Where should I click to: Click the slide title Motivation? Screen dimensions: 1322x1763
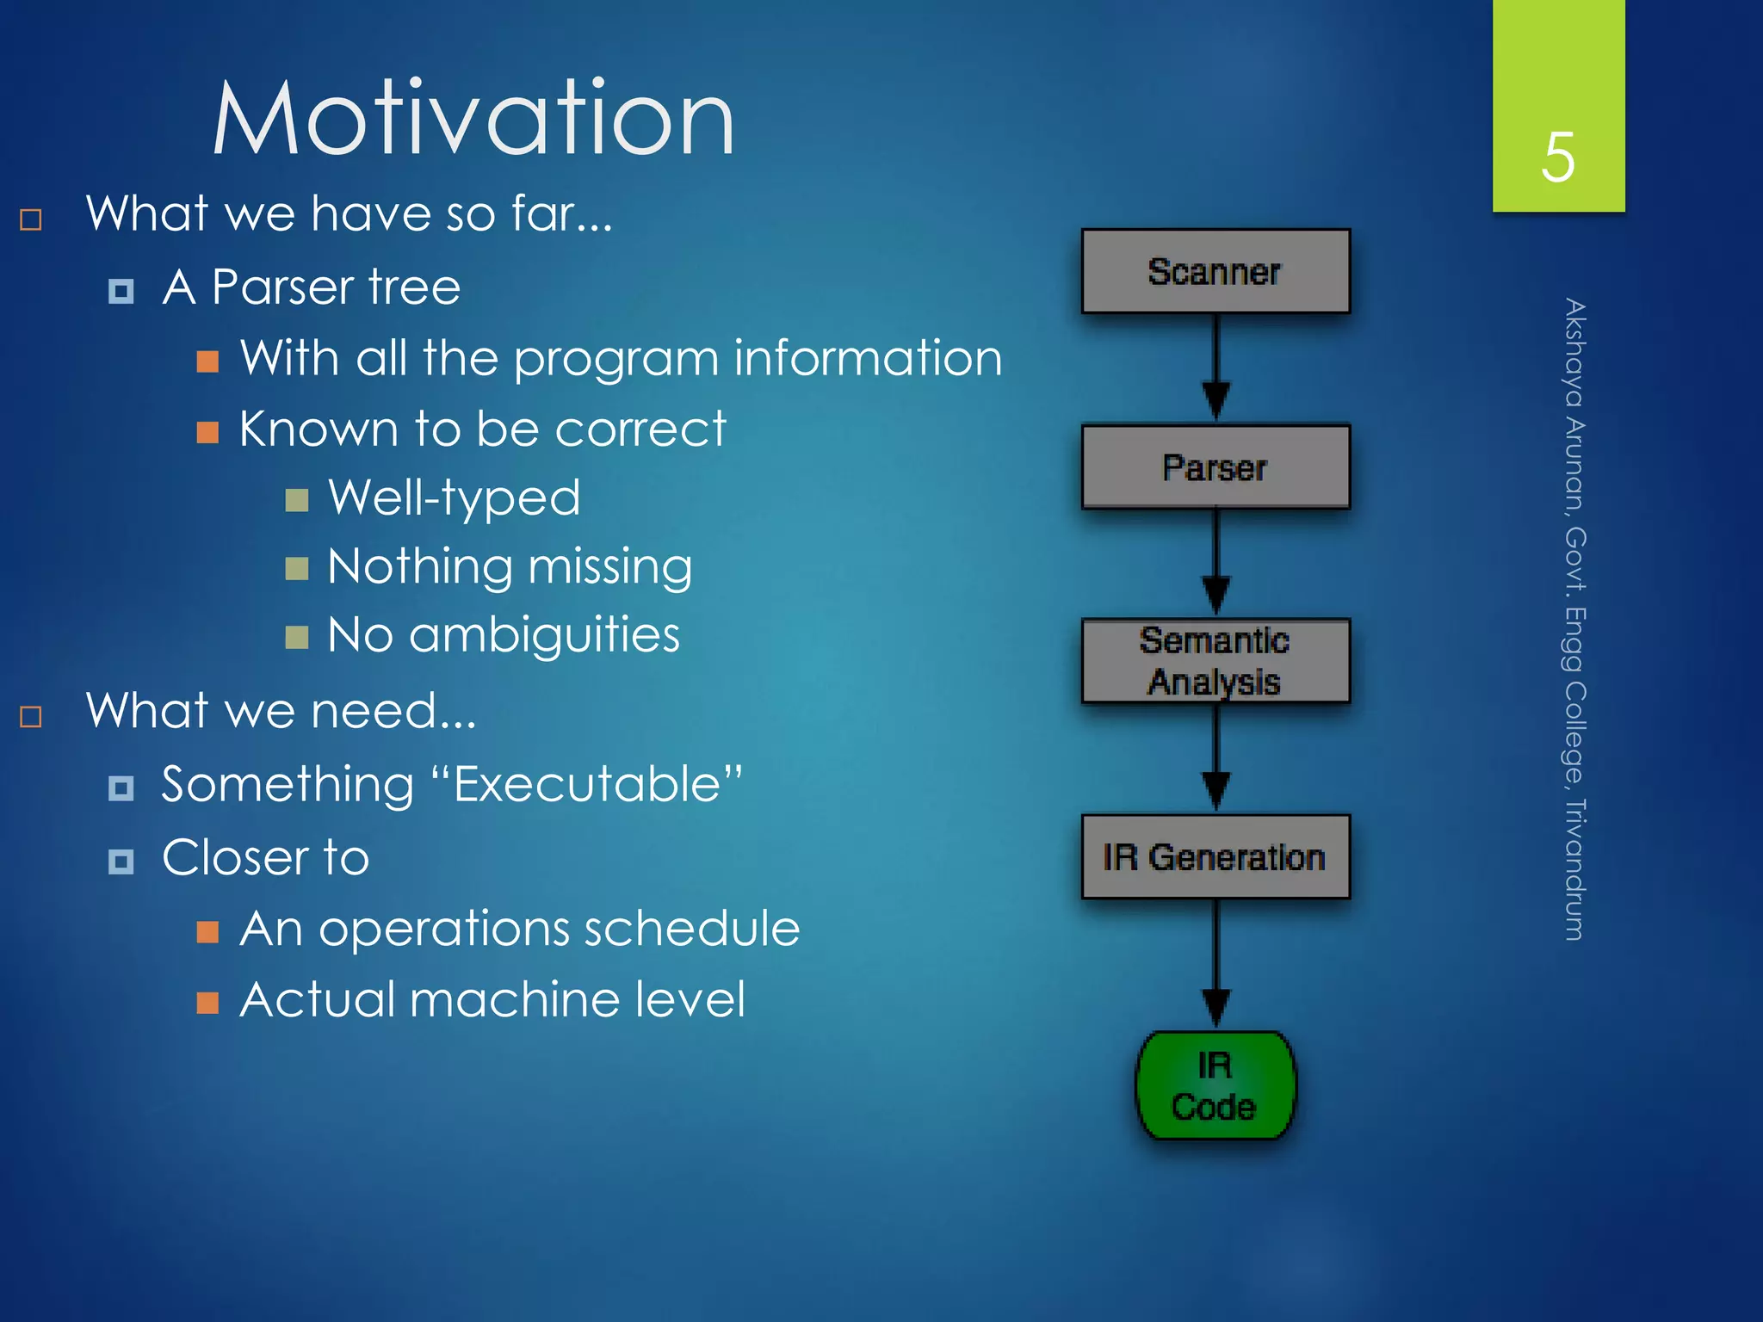coord(473,119)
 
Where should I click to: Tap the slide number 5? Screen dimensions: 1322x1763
coord(1558,158)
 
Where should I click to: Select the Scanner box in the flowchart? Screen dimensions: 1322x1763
coord(1215,271)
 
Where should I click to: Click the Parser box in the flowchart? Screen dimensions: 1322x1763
coord(1215,467)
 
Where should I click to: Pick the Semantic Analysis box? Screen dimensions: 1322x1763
coord(1215,661)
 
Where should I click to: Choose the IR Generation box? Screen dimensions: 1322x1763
coord(1215,857)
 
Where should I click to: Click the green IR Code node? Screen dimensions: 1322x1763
coord(1215,1086)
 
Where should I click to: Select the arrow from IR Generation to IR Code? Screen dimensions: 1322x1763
coord(1216,964)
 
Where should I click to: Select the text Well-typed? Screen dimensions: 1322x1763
coord(455,498)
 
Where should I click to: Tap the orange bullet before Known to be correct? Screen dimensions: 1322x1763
coord(207,431)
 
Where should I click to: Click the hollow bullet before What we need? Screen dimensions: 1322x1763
coord(31,716)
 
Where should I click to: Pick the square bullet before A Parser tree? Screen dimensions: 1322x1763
coord(121,291)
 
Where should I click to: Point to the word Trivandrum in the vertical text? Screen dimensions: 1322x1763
coord(1574,869)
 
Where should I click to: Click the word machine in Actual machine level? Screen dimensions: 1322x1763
coord(514,1000)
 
